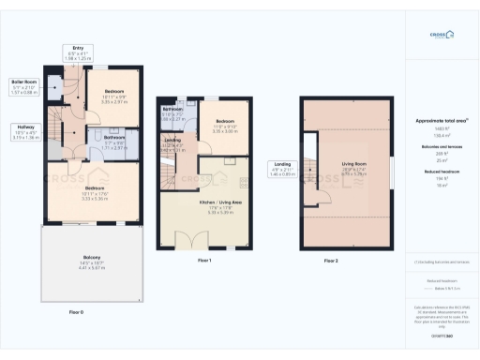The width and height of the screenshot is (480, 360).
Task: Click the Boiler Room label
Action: pos(24,86)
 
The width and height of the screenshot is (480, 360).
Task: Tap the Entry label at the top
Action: pos(78,52)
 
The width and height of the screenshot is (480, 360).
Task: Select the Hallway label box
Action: pos(24,133)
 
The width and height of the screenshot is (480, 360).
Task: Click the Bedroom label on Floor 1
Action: pos(225,128)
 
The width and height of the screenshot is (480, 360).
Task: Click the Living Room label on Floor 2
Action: pos(354,170)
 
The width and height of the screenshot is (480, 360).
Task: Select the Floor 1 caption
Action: pos(203,260)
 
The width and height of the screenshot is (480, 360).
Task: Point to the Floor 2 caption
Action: pos(330,260)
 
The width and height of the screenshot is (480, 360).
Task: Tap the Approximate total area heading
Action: pos(441,121)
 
